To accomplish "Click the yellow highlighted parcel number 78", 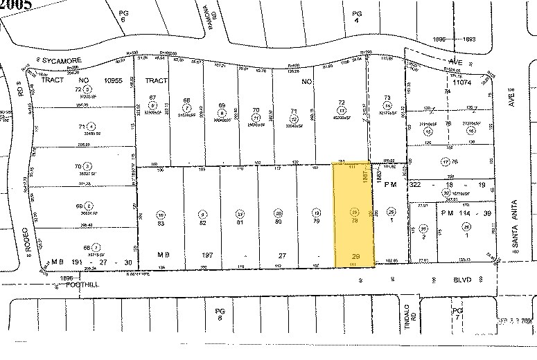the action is click(355, 222).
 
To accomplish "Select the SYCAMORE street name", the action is click(63, 61).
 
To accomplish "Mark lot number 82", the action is click(203, 223).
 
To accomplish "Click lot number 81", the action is click(240, 223).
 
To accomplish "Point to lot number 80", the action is click(279, 223).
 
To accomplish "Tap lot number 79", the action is click(317, 223).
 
